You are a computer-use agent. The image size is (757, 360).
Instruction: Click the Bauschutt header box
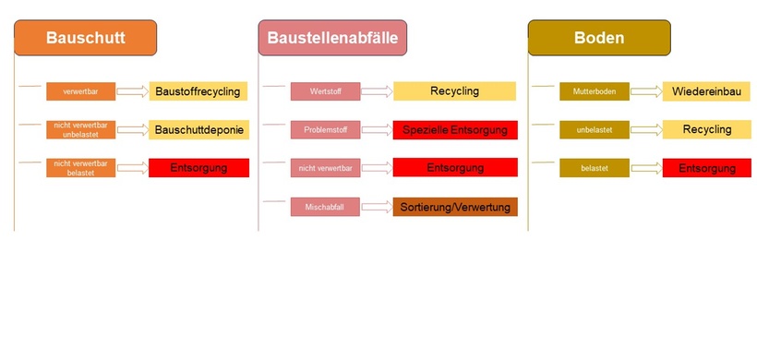pyautogui.click(x=85, y=38)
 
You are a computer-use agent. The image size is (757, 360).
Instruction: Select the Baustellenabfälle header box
pyautogui.click(x=332, y=38)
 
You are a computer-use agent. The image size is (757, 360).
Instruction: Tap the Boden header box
pyautogui.click(x=599, y=38)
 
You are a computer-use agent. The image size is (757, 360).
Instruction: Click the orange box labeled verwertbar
pyautogui.click(x=81, y=91)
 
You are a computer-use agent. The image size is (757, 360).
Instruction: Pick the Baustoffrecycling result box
pyautogui.click(x=198, y=90)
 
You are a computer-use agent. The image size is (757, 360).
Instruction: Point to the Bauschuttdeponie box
pyautogui.click(x=198, y=130)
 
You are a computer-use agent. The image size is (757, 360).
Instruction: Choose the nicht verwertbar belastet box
pyautogui.click(x=81, y=168)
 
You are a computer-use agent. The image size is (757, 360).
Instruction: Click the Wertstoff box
pyautogui.click(x=325, y=91)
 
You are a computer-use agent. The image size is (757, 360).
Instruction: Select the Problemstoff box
pyautogui.click(x=325, y=130)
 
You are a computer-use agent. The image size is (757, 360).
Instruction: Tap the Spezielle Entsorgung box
pyautogui.click(x=455, y=130)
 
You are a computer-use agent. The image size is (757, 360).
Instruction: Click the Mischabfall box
pyautogui.click(x=325, y=208)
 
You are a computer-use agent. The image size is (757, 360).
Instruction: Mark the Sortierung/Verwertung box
pyautogui.click(x=455, y=207)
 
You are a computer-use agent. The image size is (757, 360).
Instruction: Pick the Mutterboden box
pyautogui.click(x=594, y=91)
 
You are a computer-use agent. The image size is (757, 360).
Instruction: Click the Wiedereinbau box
pyautogui.click(x=706, y=90)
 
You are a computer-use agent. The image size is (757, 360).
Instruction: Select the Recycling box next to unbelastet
pyautogui.click(x=706, y=129)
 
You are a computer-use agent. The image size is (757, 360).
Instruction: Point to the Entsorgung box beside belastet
pyautogui.click(x=706, y=168)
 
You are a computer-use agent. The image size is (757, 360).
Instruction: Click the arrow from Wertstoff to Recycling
pyautogui.click(x=377, y=91)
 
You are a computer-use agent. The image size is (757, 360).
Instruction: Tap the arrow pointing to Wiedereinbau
pyautogui.click(x=645, y=91)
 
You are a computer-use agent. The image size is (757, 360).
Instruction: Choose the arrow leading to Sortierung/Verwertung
pyautogui.click(x=377, y=208)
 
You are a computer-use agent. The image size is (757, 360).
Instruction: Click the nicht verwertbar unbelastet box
pyautogui.click(x=81, y=130)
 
